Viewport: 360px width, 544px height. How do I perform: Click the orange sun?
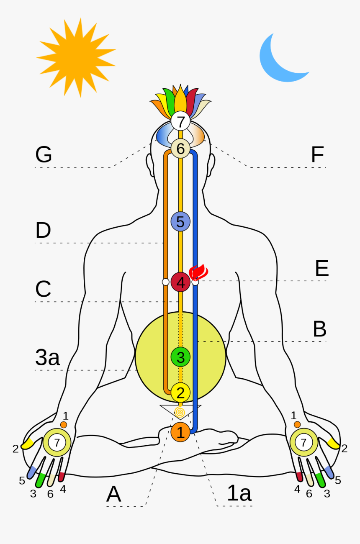tap(77, 57)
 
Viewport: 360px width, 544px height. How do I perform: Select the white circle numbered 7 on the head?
tap(180, 122)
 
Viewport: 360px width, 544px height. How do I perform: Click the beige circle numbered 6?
tap(180, 149)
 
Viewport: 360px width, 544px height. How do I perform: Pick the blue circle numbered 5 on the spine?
tap(180, 222)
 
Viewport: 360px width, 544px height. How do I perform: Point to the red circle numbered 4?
tap(180, 282)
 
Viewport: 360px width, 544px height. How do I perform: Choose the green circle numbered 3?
tap(180, 357)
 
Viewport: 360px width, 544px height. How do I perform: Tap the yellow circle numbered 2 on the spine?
tap(180, 393)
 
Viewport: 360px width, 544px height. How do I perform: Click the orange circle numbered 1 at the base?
tap(180, 432)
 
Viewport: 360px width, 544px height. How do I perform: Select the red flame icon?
tap(199, 272)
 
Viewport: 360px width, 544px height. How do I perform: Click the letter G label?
tap(44, 155)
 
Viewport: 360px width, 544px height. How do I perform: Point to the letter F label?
tap(317, 155)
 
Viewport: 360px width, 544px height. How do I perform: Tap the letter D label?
tap(43, 231)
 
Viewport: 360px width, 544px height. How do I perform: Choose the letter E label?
tap(321, 269)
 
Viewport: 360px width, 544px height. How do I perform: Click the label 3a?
tap(48, 358)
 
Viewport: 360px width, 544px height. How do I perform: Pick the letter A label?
tap(113, 494)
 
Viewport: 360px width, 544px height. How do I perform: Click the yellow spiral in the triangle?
tap(180, 412)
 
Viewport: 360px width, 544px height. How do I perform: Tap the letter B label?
tap(319, 330)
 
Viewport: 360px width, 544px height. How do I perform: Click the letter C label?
tap(43, 289)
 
